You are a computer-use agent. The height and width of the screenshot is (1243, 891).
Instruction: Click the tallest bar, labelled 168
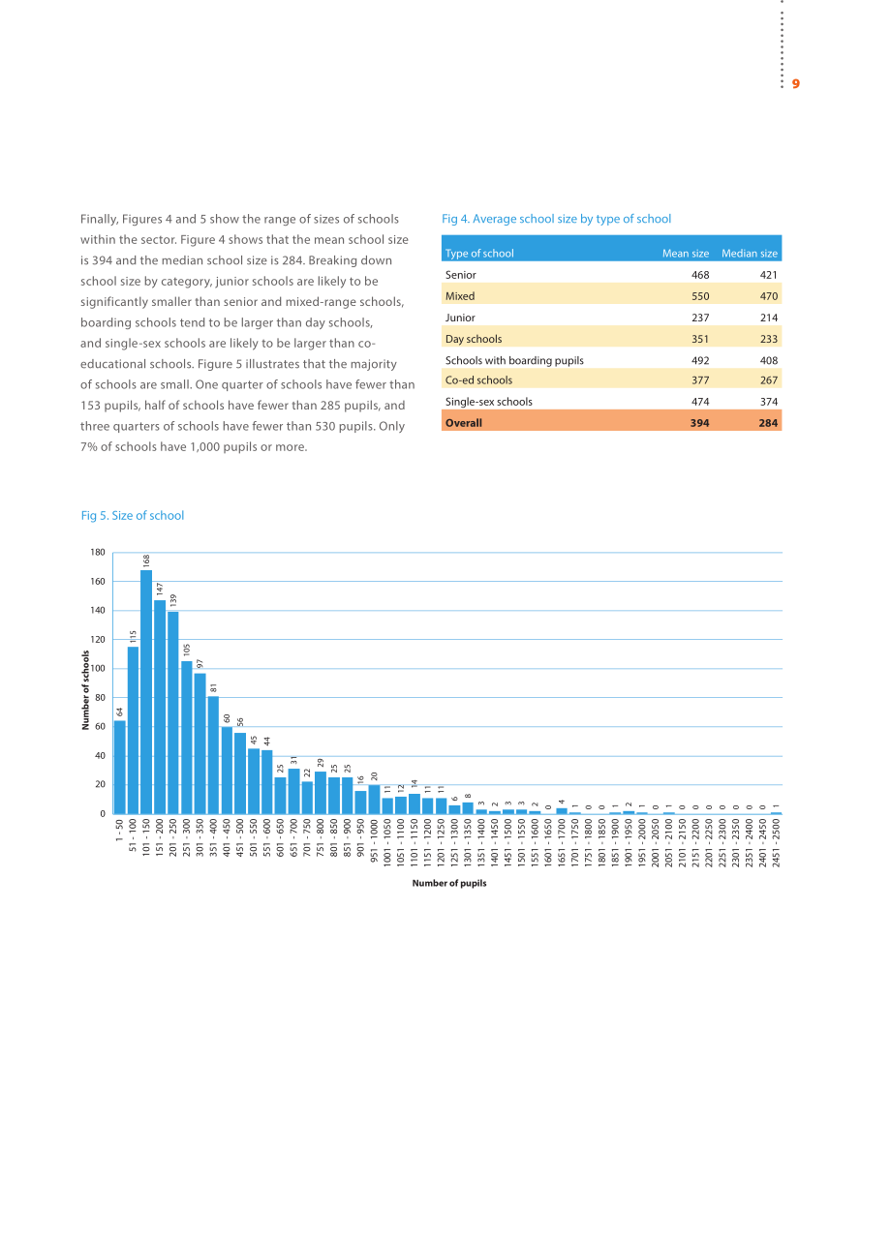coord(146,691)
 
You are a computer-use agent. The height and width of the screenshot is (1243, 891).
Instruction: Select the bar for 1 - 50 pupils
coord(119,767)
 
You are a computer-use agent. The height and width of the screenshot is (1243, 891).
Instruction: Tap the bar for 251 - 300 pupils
coord(187,737)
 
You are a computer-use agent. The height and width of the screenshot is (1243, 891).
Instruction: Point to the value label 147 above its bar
coord(160,589)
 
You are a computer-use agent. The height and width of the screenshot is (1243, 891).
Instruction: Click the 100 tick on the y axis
coord(98,668)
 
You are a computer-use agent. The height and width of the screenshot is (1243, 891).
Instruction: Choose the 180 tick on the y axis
coord(98,552)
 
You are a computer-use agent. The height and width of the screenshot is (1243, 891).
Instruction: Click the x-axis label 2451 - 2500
coord(776,842)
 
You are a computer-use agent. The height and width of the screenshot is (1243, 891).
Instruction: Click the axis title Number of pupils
coord(449,883)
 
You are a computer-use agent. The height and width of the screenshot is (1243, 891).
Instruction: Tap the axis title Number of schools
coord(85,690)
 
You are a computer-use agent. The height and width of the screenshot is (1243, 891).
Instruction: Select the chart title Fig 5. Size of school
coord(132,516)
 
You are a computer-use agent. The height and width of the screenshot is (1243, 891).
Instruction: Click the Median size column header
coord(750,253)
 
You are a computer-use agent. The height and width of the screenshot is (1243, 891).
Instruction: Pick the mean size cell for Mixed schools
coord(700,296)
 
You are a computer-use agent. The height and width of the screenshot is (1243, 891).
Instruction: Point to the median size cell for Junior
coord(769,318)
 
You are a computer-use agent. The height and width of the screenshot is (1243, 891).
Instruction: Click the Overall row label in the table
coord(464,423)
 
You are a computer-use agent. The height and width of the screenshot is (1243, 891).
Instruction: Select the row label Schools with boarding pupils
coord(514,360)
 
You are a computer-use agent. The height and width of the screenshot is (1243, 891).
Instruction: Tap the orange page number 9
coord(795,84)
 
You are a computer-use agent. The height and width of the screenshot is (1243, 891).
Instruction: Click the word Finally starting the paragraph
coord(100,219)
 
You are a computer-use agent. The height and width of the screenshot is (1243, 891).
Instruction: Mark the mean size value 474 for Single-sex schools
coord(700,402)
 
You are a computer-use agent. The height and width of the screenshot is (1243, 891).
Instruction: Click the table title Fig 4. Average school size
coord(556,219)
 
